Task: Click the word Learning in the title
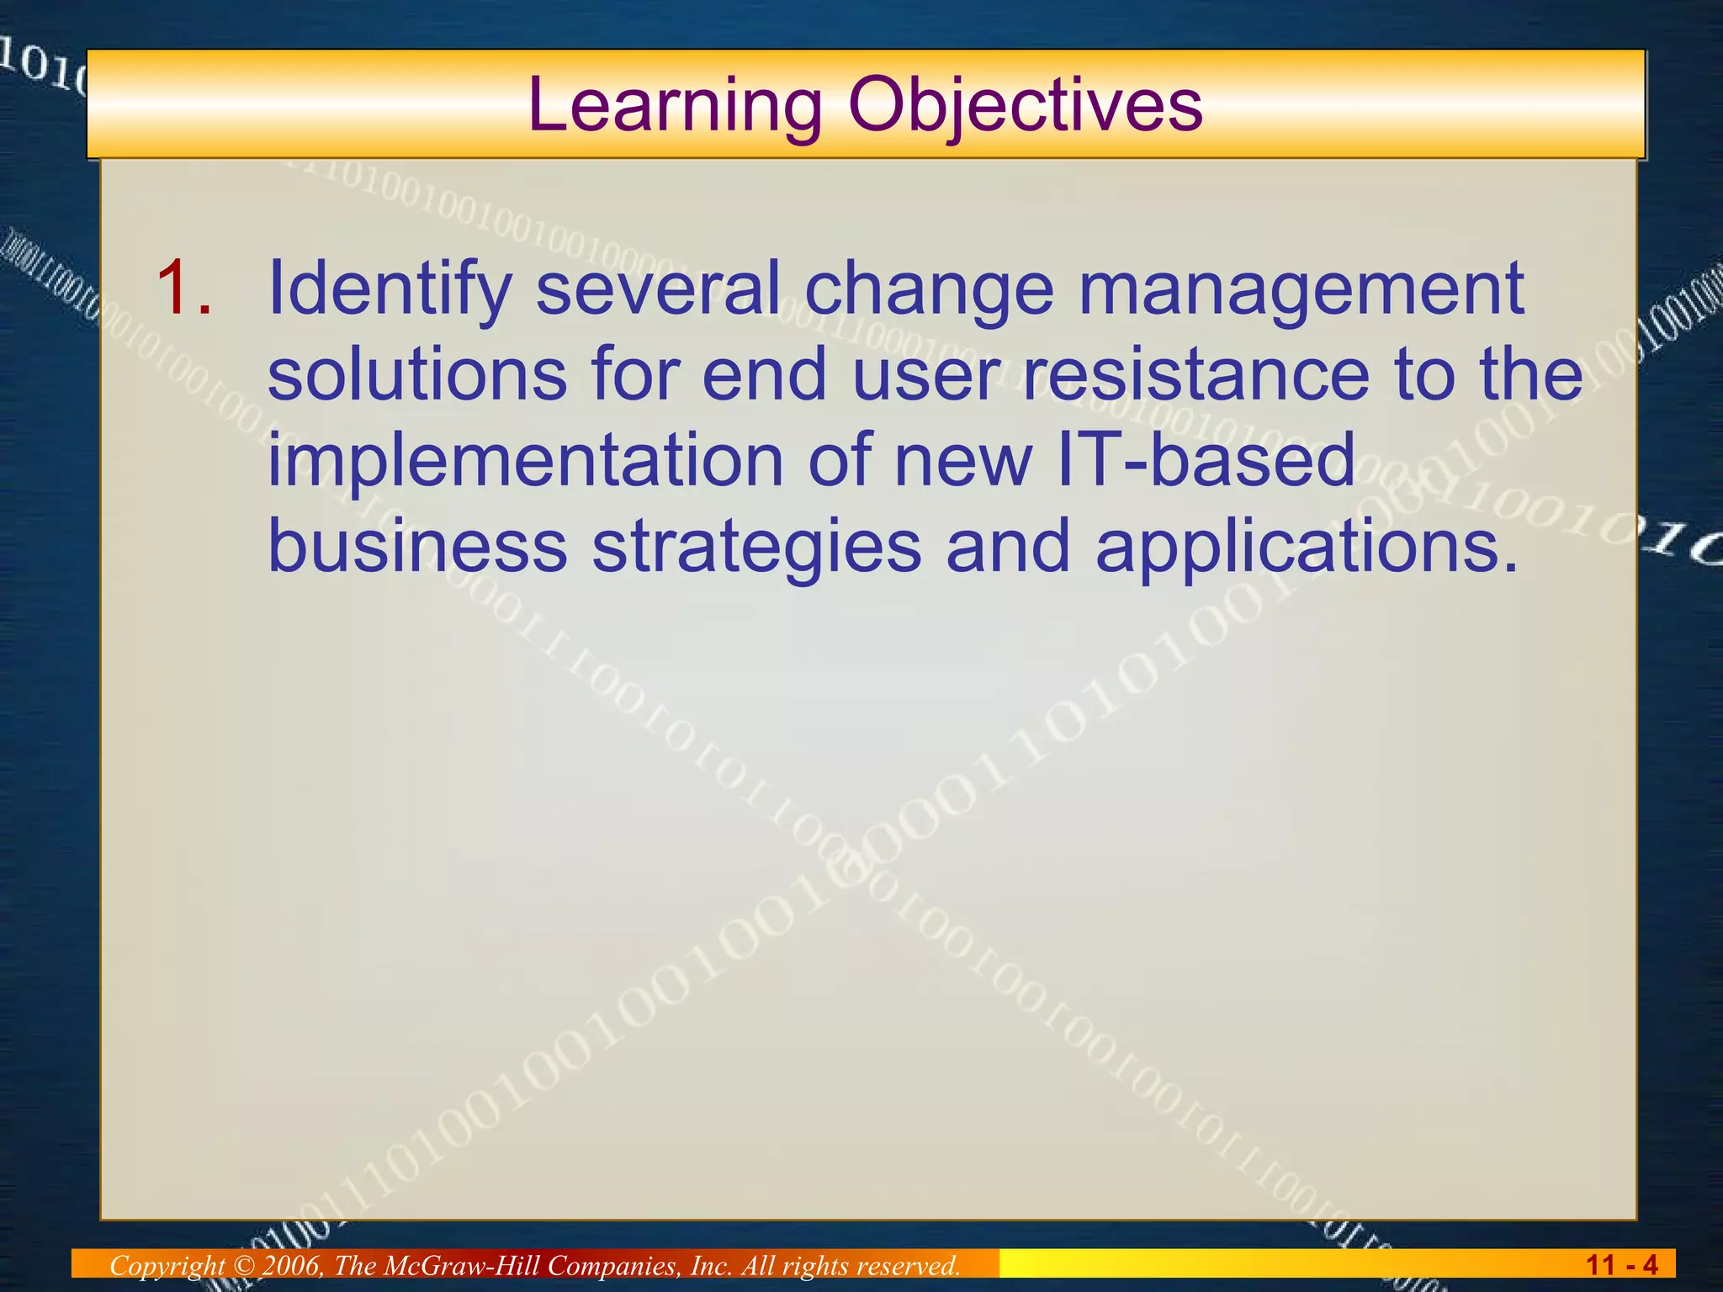(674, 106)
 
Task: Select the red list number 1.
(183, 289)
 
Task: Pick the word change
(929, 289)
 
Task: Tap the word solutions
(417, 374)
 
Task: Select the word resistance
(1195, 374)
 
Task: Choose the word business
(417, 546)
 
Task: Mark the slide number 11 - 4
(1621, 1265)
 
